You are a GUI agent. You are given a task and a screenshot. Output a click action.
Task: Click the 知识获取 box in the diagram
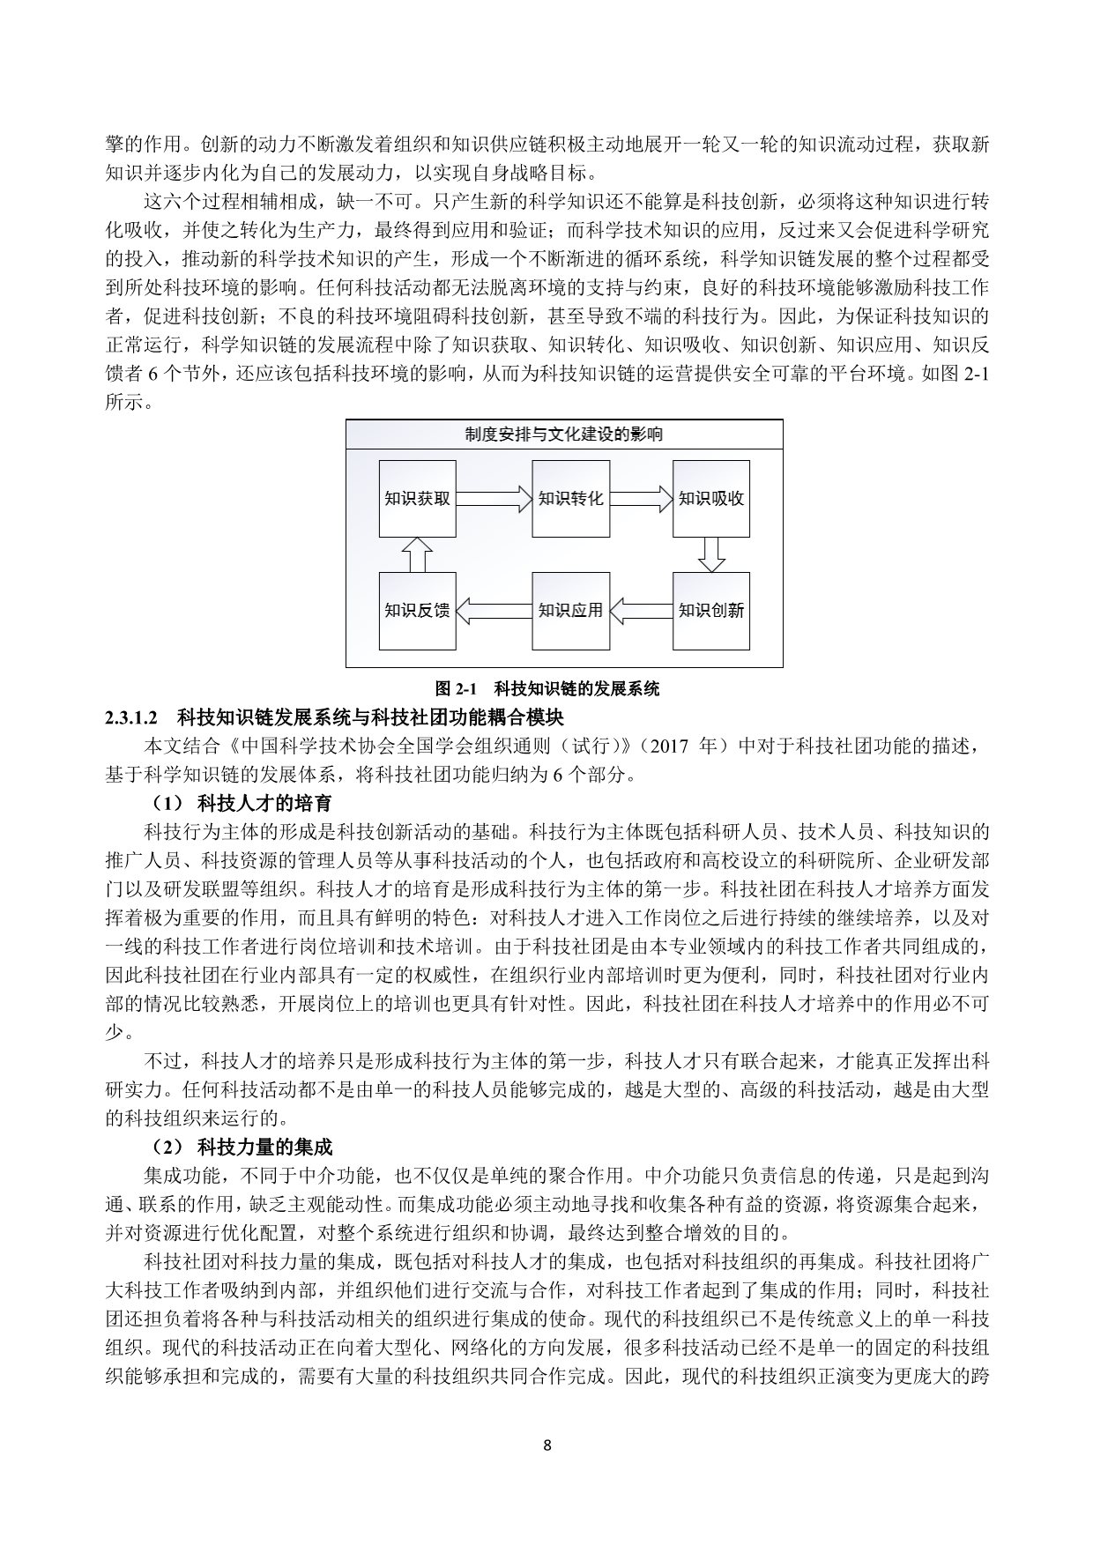tap(417, 499)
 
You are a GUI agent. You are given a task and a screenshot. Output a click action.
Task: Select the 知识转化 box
tap(570, 499)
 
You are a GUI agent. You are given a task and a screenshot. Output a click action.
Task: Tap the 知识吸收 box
tap(710, 499)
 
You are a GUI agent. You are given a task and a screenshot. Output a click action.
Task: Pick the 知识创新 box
tap(710, 611)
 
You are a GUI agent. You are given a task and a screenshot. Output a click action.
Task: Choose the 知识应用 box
tap(570, 611)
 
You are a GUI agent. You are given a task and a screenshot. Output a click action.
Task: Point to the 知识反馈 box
tap(417, 611)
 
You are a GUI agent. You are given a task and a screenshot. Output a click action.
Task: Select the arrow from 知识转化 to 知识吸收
tap(641, 499)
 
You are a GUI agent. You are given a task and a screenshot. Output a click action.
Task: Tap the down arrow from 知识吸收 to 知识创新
tap(710, 554)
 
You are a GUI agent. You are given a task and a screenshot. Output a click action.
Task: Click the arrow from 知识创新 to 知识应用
tap(641, 610)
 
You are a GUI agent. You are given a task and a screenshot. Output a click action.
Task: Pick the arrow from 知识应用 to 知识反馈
tap(494, 610)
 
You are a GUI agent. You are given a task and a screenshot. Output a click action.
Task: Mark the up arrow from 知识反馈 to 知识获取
tap(417, 554)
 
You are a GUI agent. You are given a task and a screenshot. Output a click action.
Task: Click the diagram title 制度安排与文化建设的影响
tap(564, 434)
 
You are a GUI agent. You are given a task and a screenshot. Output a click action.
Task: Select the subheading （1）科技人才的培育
tap(239, 803)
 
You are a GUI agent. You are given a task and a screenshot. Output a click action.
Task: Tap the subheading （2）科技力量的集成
tap(239, 1147)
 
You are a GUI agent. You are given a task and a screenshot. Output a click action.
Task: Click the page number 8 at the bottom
tap(547, 1445)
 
